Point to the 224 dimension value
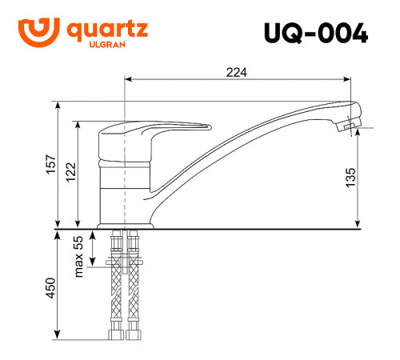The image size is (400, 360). (236, 72)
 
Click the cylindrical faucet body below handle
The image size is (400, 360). (126, 188)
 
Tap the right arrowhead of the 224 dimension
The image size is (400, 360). (349, 80)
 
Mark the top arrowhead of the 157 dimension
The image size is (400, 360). (58, 105)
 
